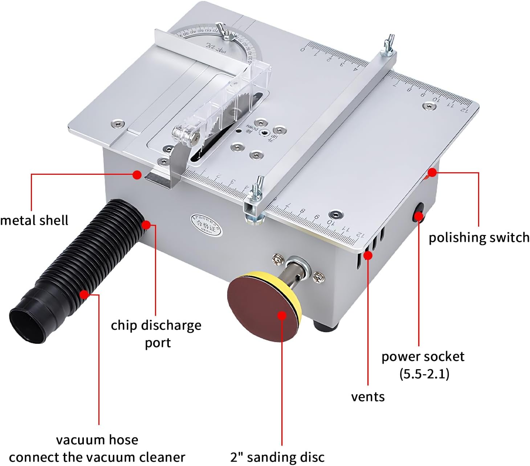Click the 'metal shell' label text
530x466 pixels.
[34, 220]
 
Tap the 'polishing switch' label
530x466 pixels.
[479, 238]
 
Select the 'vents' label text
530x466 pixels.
[368, 397]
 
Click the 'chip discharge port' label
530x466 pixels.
[156, 334]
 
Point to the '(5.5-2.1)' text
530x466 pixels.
[424, 374]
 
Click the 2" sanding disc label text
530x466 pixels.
[277, 457]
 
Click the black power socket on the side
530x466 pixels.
[419, 212]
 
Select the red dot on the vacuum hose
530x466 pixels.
[84, 294]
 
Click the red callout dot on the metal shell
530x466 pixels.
[137, 175]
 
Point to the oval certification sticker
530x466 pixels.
[207, 225]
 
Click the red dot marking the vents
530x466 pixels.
[368, 255]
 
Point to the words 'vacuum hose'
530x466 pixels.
[97, 440]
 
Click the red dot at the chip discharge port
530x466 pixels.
[146, 225]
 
